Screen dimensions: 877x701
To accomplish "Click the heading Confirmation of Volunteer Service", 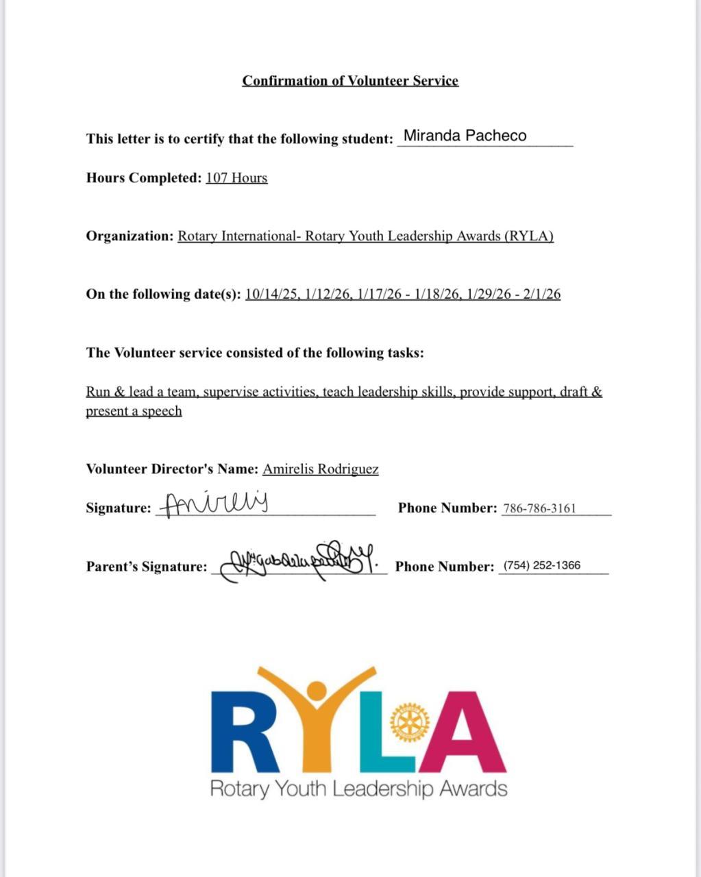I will pyautogui.click(x=350, y=81).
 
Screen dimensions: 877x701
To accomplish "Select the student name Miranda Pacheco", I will pyautogui.click(x=465, y=136).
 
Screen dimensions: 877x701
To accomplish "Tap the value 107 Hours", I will pyautogui.click(x=236, y=178).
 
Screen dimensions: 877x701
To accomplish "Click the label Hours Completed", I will pyautogui.click(x=143, y=178).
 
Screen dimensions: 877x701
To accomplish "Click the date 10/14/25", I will pyautogui.click(x=271, y=295).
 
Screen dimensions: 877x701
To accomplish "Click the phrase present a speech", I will pyautogui.click(x=134, y=411).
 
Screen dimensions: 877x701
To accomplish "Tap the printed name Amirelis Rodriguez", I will pyautogui.click(x=320, y=469).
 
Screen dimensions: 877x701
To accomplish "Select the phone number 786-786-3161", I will pyautogui.click(x=539, y=508).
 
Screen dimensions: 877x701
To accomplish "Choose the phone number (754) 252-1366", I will pyautogui.click(x=541, y=566).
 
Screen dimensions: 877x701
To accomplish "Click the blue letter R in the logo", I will pyautogui.click(x=245, y=733).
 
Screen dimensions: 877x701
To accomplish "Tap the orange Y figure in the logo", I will pyautogui.click(x=317, y=719).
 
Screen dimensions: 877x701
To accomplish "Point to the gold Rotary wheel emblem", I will pyautogui.click(x=409, y=721).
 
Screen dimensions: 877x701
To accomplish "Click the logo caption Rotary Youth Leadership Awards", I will pyautogui.click(x=358, y=789).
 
